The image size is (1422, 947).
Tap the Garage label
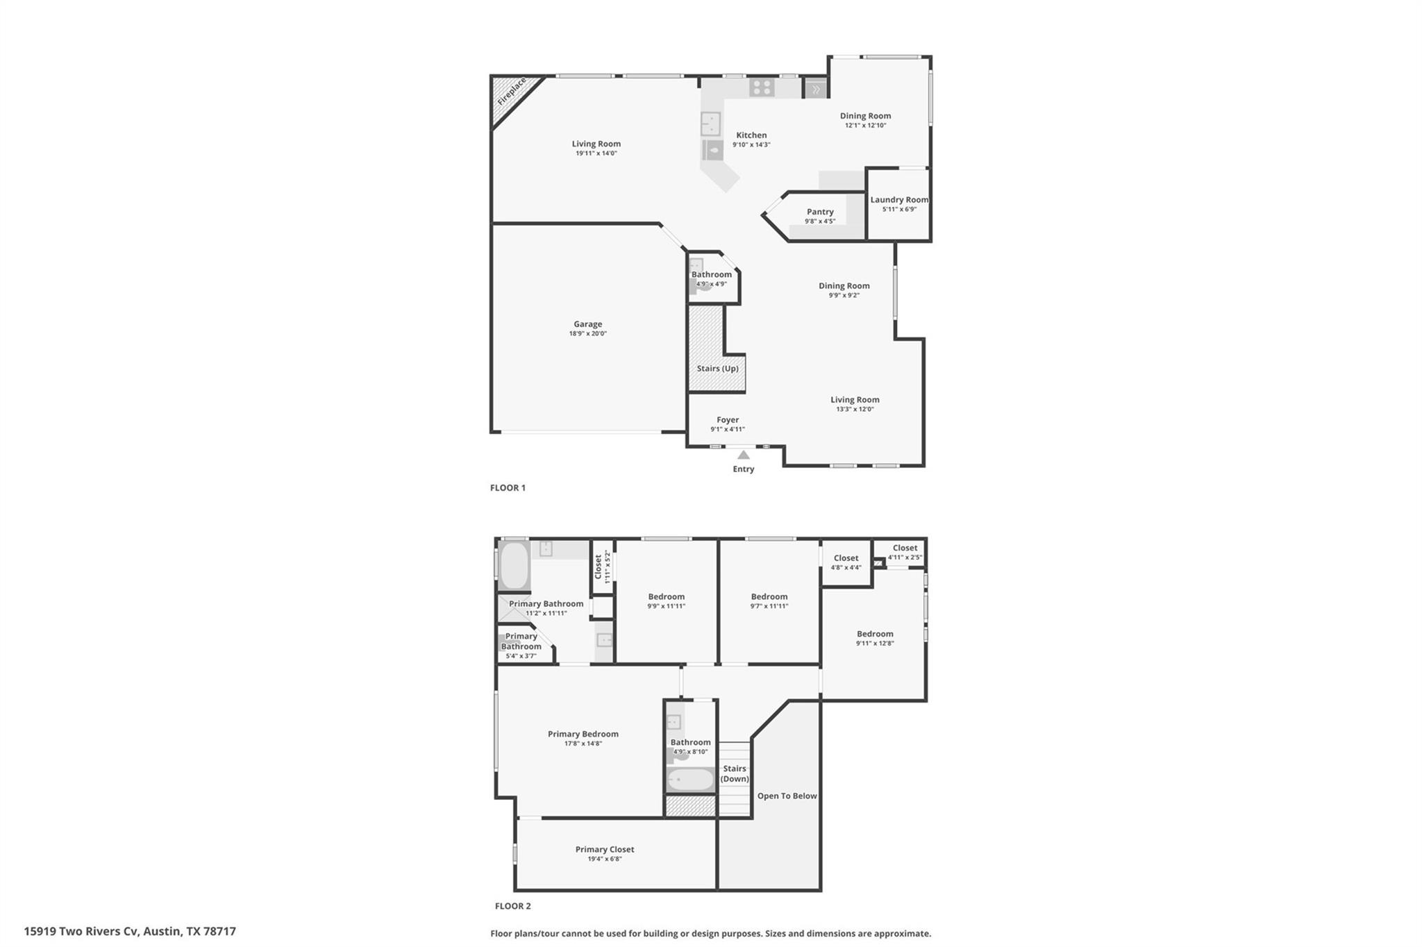point(587,324)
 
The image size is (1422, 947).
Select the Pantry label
point(820,212)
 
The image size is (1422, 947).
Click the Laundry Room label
point(899,200)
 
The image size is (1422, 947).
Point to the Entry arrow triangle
point(744,455)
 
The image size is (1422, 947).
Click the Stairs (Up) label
point(717,369)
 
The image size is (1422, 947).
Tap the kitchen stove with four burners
point(762,87)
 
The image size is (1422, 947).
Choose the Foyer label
point(728,420)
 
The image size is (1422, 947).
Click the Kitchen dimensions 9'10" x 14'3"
point(751,145)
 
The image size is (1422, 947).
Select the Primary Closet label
point(605,849)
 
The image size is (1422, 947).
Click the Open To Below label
point(787,796)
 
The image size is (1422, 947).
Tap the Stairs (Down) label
point(735,773)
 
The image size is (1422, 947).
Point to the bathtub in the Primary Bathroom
point(514,565)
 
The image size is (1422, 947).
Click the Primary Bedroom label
point(583,734)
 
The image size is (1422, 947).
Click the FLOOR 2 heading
point(512,906)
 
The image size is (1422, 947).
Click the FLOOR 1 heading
point(508,488)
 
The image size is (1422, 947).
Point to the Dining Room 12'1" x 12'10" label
point(865,116)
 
